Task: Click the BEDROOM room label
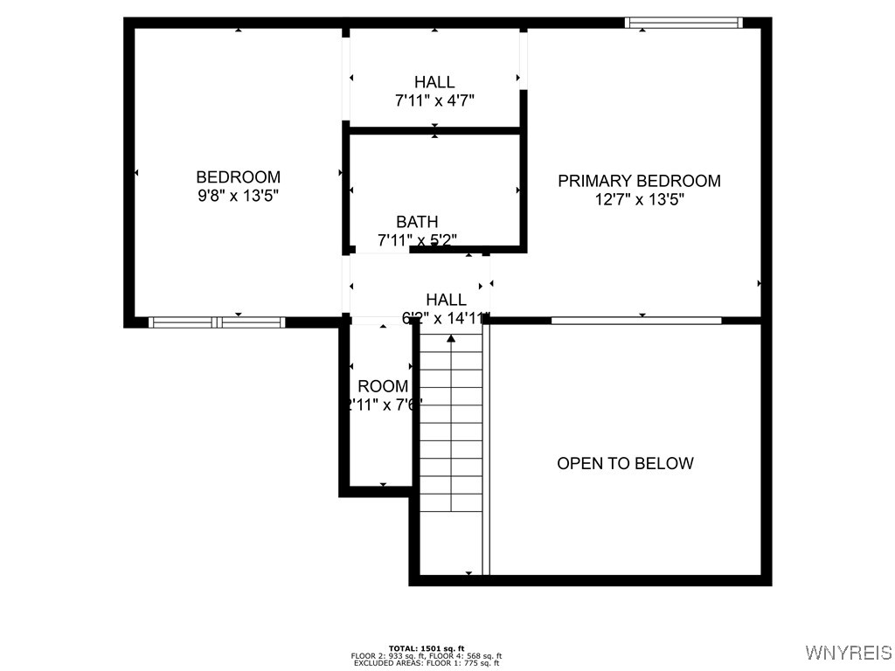point(238,177)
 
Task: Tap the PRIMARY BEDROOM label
point(639,181)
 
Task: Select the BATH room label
point(417,222)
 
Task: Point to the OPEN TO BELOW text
point(625,463)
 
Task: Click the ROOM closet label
point(383,386)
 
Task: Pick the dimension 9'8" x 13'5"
point(238,196)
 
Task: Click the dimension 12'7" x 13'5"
point(639,199)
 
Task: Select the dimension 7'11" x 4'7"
point(434,100)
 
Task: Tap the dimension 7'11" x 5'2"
point(417,239)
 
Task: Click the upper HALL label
point(434,82)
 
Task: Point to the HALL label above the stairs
point(446,300)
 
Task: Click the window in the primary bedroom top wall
point(683,23)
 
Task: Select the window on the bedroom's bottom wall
point(217,322)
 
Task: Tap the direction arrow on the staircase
point(451,338)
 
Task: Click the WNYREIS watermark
point(849,653)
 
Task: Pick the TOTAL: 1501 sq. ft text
point(426,647)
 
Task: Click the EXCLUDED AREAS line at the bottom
point(426,663)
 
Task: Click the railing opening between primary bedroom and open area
point(636,321)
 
